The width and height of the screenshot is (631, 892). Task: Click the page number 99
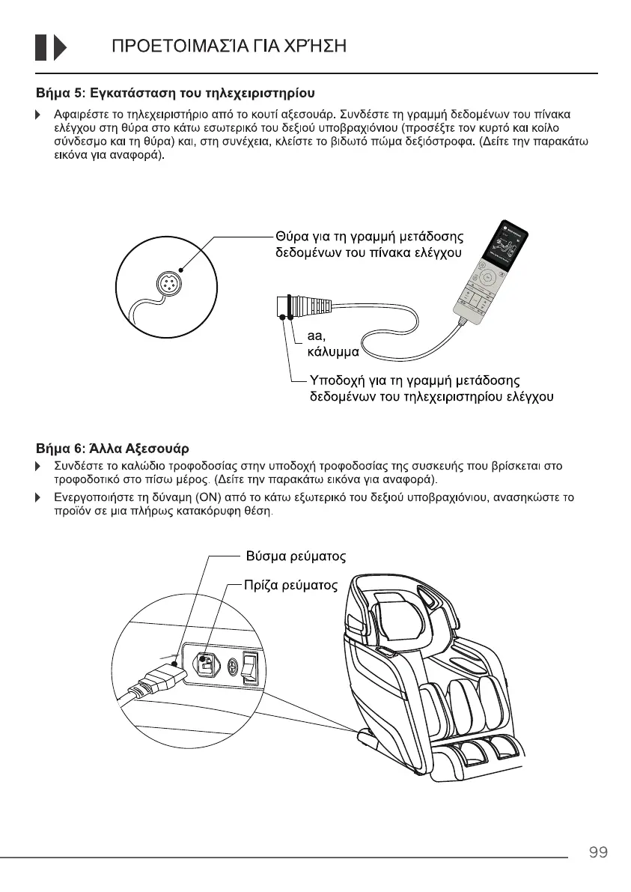[597, 852]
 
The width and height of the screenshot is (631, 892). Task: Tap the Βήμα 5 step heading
[175, 94]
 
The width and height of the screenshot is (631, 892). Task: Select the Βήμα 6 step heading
[112, 449]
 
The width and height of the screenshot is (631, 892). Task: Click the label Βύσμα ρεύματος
[296, 557]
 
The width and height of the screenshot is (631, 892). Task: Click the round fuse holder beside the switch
[231, 665]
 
